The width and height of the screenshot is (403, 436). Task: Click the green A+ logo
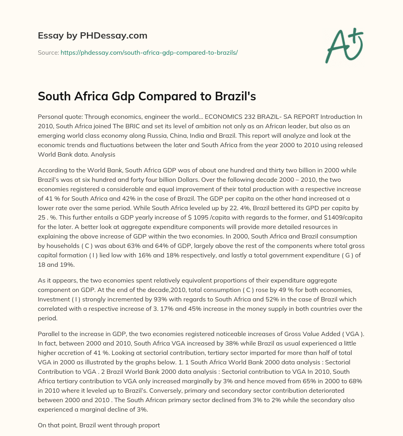344,46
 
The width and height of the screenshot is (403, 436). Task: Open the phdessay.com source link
149,52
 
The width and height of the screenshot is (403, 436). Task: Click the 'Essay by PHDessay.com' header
92,36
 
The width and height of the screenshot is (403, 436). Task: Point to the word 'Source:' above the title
48,52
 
